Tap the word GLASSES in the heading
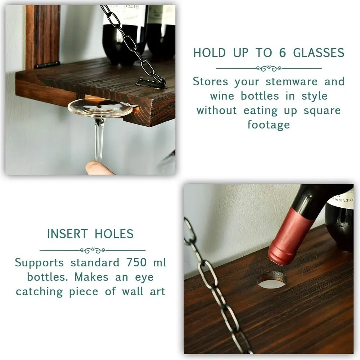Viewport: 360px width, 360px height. pyautogui.click(x=319, y=53)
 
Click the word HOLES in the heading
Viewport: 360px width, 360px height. pyautogui.click(x=114, y=234)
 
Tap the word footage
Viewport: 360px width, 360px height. pyautogui.click(x=269, y=125)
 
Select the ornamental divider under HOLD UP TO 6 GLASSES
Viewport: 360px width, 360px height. pyautogui.click(x=269, y=68)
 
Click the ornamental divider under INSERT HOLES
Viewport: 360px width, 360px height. pyautogui.click(x=93, y=250)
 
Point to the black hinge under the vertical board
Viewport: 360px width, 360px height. pyautogui.click(x=47, y=65)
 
